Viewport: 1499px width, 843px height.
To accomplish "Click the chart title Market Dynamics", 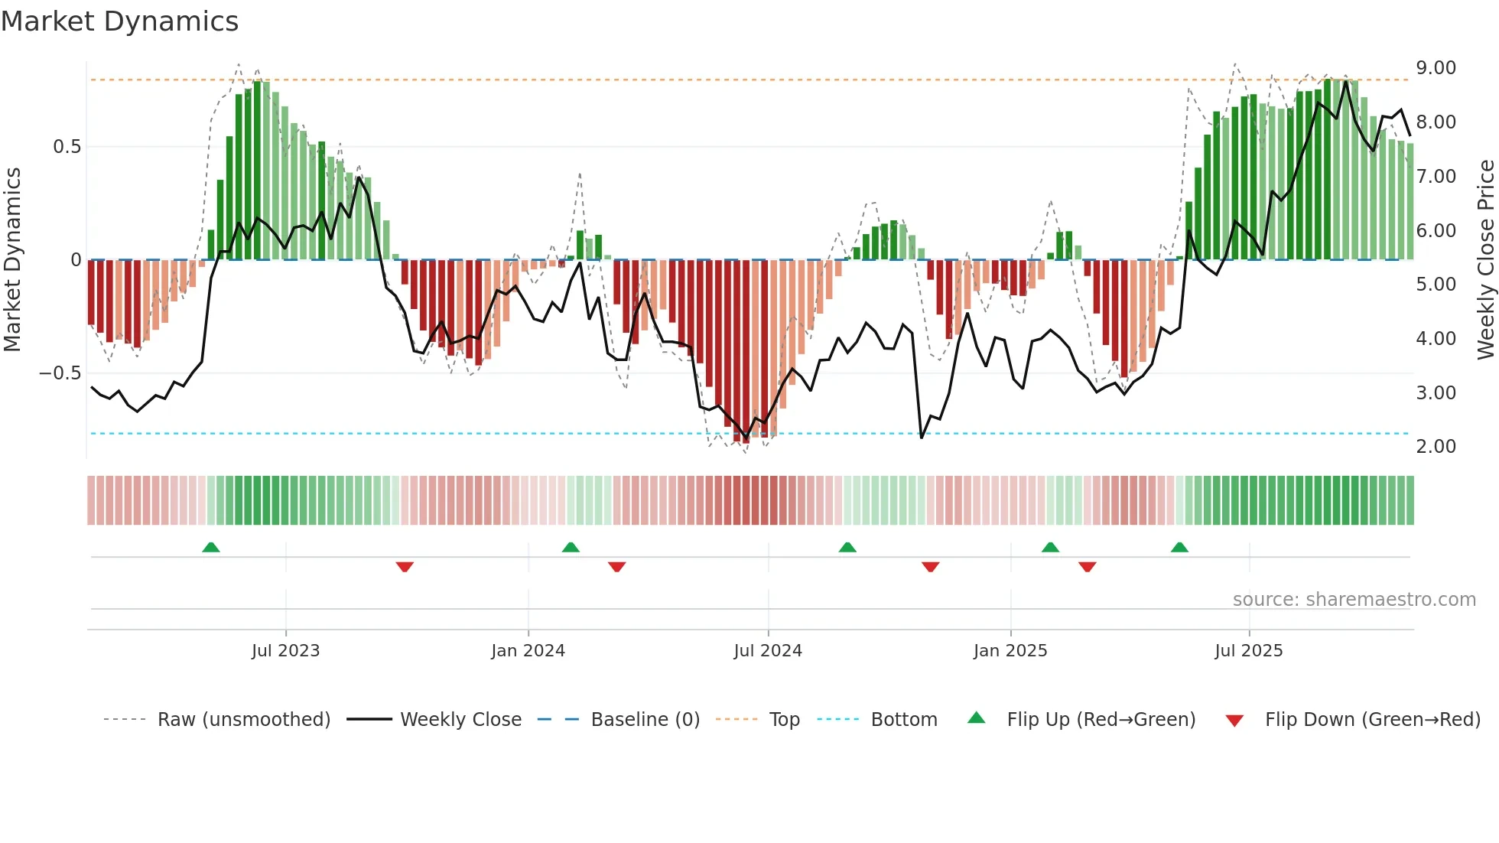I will click(x=119, y=21).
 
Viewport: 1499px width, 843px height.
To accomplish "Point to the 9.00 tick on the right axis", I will click(x=1436, y=68).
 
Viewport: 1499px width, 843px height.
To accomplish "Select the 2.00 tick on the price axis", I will click(x=1436, y=447).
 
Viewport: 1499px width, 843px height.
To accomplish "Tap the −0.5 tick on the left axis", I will click(x=60, y=373).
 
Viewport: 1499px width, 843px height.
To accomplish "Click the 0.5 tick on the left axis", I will click(x=67, y=147).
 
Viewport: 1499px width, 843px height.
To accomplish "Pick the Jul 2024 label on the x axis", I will click(x=767, y=651).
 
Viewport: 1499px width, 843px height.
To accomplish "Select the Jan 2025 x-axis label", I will click(x=1010, y=651).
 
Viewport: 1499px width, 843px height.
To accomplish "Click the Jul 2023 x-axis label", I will click(x=285, y=651).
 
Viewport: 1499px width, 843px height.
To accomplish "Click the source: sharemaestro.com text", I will click(x=1354, y=600).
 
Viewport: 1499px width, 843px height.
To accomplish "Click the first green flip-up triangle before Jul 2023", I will click(x=211, y=547).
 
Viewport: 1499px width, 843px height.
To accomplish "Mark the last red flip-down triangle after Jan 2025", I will click(x=1087, y=567).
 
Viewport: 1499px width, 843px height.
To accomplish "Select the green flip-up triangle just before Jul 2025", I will click(x=1179, y=547).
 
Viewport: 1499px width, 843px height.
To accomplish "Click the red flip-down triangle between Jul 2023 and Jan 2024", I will click(x=405, y=567).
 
